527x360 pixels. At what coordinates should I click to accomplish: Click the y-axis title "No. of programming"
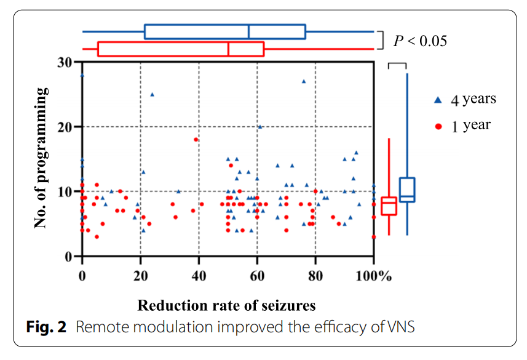(x=41, y=158)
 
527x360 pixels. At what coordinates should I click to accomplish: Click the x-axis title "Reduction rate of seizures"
(x=226, y=305)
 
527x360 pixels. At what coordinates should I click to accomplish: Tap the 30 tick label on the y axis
(x=64, y=62)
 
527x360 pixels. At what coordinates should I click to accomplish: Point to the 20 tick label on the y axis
(x=64, y=127)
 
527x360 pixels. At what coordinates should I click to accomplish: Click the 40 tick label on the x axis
(x=199, y=276)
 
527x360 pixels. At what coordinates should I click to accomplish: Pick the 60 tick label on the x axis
(x=257, y=276)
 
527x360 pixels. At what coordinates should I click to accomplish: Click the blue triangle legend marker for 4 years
(x=438, y=99)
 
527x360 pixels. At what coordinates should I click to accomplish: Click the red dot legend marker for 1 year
(x=438, y=126)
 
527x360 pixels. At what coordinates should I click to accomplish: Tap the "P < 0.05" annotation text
(x=421, y=41)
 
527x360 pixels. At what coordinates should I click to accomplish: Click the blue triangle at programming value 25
(x=153, y=94)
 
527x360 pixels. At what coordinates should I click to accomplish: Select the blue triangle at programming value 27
(x=304, y=81)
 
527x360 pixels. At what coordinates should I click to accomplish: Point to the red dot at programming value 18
(x=196, y=140)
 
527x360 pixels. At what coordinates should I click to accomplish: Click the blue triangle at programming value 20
(x=260, y=127)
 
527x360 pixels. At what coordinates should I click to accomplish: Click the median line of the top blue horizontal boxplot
(x=249, y=31)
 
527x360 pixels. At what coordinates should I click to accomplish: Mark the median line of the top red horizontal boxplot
(x=229, y=49)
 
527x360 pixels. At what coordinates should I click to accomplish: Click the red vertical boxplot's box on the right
(x=389, y=206)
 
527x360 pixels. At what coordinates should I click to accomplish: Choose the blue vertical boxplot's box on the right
(x=407, y=190)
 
